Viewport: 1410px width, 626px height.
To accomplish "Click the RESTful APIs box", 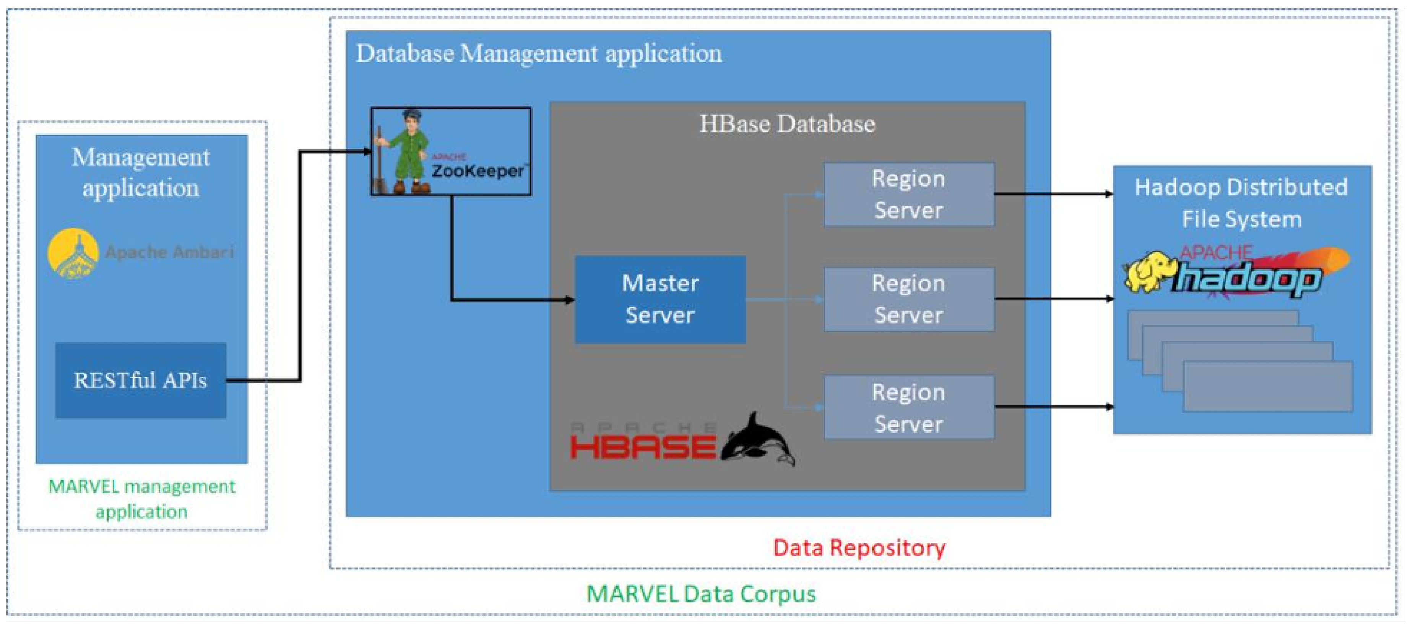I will pos(141,380).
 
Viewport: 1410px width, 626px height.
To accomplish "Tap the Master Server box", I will pos(660,299).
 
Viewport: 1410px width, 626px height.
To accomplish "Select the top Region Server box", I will pos(909,194).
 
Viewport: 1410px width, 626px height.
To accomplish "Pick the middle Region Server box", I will pos(909,299).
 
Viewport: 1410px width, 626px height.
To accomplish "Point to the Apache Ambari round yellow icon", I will pos(73,253).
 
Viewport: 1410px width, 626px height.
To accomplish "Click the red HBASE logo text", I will pos(643,446).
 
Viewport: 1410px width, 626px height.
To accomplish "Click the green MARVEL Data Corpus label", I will pos(701,594).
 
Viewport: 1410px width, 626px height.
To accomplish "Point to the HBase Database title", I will pos(787,124).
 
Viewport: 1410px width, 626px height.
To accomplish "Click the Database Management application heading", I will pos(539,54).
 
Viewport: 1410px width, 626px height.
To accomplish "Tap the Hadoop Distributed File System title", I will pos(1241,203).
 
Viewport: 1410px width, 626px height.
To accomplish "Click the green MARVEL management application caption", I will pos(142,498).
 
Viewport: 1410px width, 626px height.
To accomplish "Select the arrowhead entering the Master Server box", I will pos(569,300).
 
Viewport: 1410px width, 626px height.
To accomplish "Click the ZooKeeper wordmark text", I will pos(477,171).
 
